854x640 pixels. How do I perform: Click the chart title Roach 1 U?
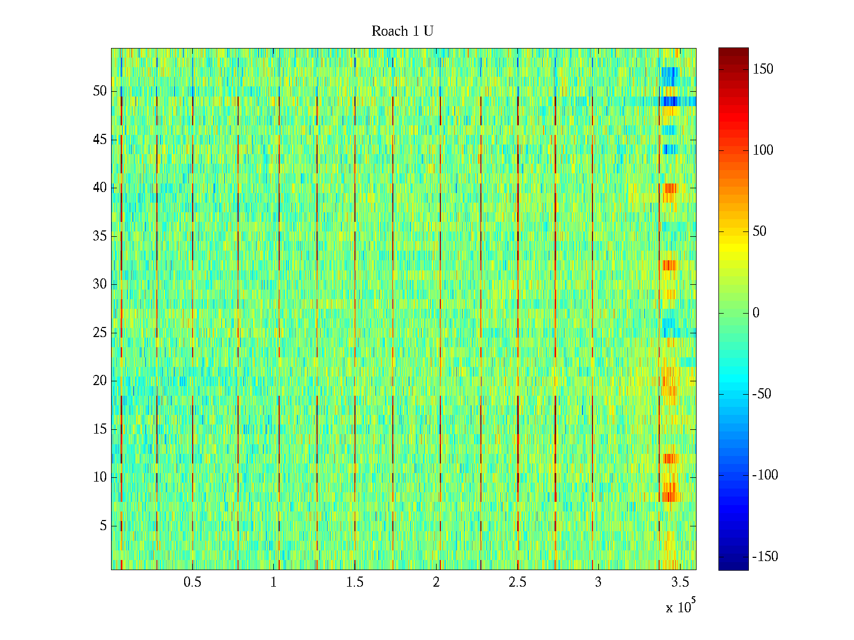(x=402, y=31)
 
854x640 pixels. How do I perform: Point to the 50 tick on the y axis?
(x=100, y=91)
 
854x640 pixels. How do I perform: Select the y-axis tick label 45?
(x=100, y=140)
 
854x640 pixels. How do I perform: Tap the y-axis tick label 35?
(x=100, y=236)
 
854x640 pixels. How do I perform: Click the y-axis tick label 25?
(x=100, y=333)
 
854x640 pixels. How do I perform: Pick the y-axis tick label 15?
(x=100, y=429)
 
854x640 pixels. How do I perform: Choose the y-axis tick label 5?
(x=103, y=526)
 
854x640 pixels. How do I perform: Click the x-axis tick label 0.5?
(x=192, y=582)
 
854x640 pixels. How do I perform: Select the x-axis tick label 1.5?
(x=355, y=582)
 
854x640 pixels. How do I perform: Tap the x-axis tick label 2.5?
(x=517, y=582)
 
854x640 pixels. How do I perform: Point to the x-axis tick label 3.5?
(x=679, y=582)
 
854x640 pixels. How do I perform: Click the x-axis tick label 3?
(x=598, y=582)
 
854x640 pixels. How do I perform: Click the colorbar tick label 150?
(x=763, y=69)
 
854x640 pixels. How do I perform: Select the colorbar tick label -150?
(x=765, y=557)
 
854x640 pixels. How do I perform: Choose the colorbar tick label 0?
(x=756, y=313)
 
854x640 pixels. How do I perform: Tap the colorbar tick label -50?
(x=762, y=394)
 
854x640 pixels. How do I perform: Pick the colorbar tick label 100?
(x=763, y=150)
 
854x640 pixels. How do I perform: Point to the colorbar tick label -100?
(x=765, y=475)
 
